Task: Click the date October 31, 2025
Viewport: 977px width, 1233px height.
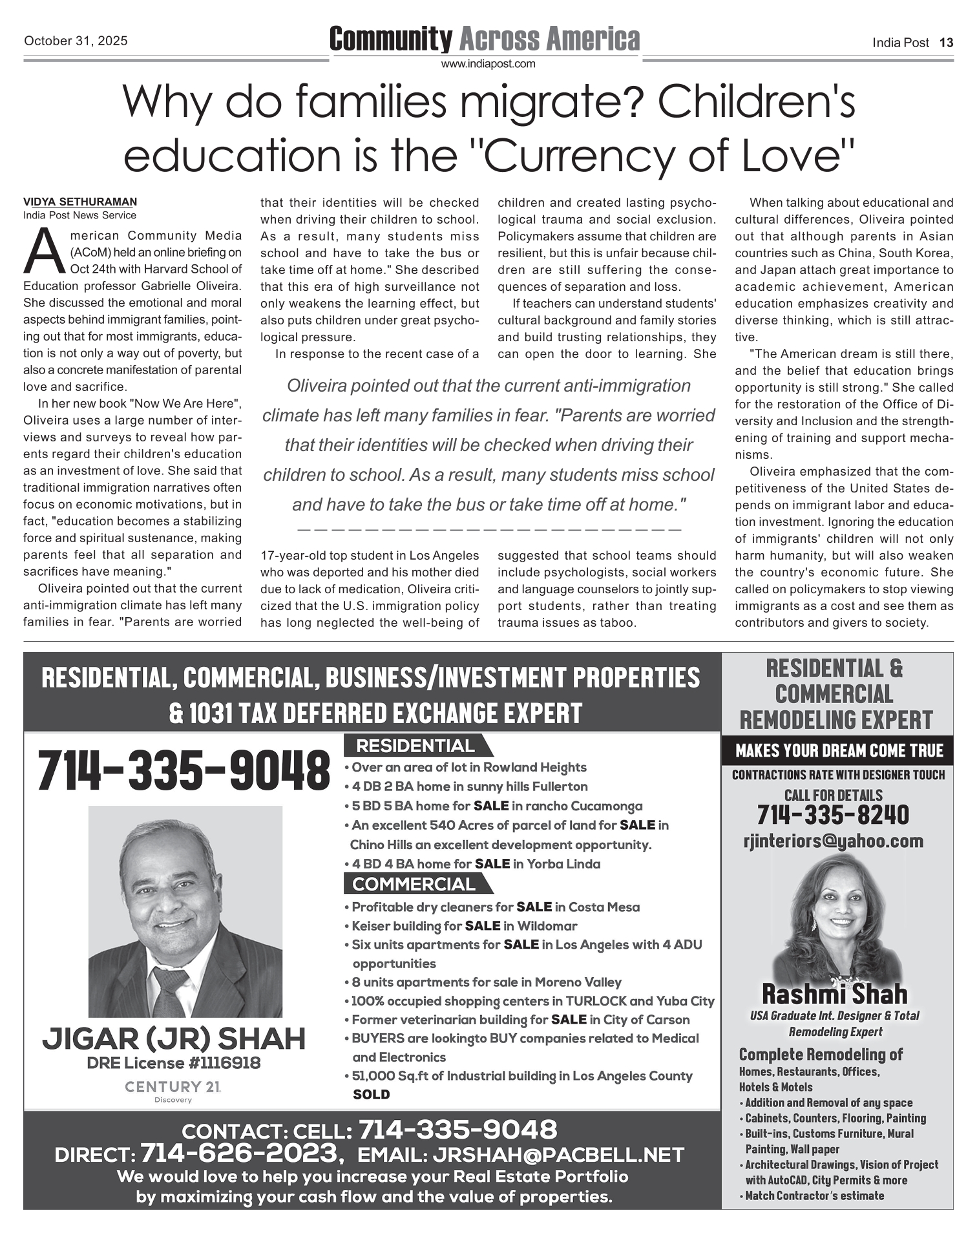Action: (76, 41)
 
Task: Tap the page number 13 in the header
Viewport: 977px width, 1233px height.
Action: (946, 43)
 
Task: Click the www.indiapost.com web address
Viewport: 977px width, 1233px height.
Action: (488, 64)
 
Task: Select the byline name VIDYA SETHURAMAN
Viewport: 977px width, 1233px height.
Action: (80, 202)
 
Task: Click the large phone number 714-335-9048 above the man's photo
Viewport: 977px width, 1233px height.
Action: (184, 770)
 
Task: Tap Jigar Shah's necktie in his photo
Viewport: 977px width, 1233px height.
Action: (169, 991)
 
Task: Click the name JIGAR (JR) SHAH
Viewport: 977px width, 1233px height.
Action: (173, 1039)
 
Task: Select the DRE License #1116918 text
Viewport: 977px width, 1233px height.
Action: (173, 1063)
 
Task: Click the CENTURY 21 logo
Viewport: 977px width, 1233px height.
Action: (173, 1088)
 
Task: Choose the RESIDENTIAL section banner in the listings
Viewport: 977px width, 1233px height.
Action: (415, 746)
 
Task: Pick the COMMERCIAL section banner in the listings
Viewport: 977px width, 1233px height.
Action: (414, 884)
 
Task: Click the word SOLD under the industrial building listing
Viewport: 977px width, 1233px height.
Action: (372, 1095)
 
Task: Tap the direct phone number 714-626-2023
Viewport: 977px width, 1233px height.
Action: (240, 1152)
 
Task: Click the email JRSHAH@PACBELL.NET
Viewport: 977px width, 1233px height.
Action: (558, 1154)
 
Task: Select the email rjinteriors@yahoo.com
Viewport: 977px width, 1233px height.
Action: (834, 841)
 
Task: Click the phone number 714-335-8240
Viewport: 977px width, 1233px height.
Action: (834, 816)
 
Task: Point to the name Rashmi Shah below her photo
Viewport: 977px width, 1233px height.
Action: (835, 994)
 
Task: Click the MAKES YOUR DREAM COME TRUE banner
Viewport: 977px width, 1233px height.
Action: (839, 750)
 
